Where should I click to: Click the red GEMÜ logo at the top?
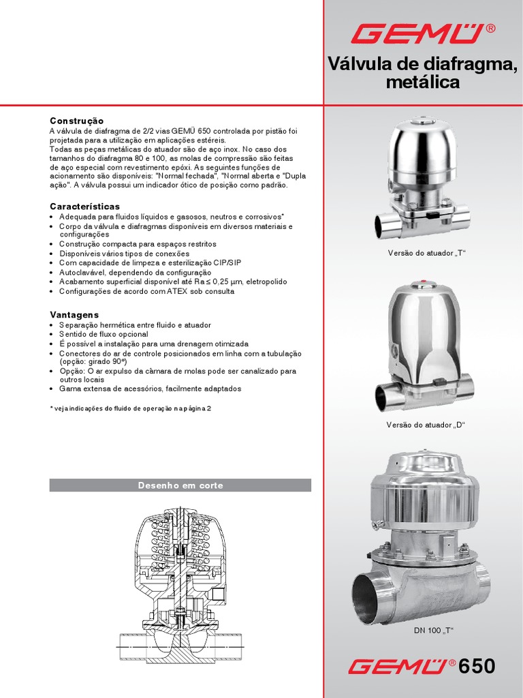pyautogui.click(x=418, y=34)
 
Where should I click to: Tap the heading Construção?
pyautogui.click(x=76, y=121)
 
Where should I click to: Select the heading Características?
pyautogui.click(x=84, y=207)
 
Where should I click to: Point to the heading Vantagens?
pyautogui.click(x=74, y=315)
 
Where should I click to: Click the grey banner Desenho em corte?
pyautogui.click(x=180, y=485)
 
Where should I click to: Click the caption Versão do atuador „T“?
pyautogui.click(x=426, y=254)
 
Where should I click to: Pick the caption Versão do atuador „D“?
pyautogui.click(x=426, y=425)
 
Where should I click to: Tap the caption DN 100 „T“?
pyautogui.click(x=433, y=631)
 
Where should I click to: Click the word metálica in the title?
pyautogui.click(x=423, y=82)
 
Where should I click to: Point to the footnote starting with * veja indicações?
pyautogui.click(x=130, y=408)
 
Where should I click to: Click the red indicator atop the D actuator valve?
pyautogui.click(x=423, y=282)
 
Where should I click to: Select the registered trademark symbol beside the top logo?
pyautogui.click(x=490, y=29)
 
